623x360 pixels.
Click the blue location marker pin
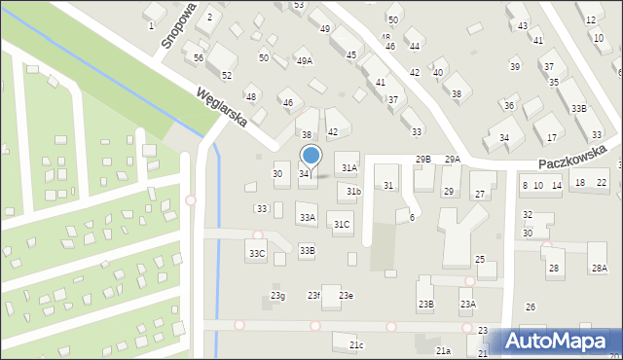[x=311, y=156]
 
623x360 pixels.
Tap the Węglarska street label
[x=221, y=109]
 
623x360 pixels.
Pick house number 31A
[x=348, y=167]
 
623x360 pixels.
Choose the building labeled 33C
[x=256, y=254]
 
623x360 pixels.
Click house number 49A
[x=305, y=61]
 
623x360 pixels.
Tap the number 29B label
[x=423, y=159]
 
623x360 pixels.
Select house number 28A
[x=598, y=268]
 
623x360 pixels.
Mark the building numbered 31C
[x=342, y=225]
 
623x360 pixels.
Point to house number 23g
[x=277, y=296]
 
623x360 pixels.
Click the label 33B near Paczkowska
[x=579, y=108]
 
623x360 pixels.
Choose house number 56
[x=199, y=58]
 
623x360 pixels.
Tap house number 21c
[x=357, y=345]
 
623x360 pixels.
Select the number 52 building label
[x=226, y=75]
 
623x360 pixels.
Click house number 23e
[x=346, y=296]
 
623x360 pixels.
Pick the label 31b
[x=353, y=192]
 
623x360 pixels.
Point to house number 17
[x=552, y=138]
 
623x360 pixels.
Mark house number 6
[x=412, y=217]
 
